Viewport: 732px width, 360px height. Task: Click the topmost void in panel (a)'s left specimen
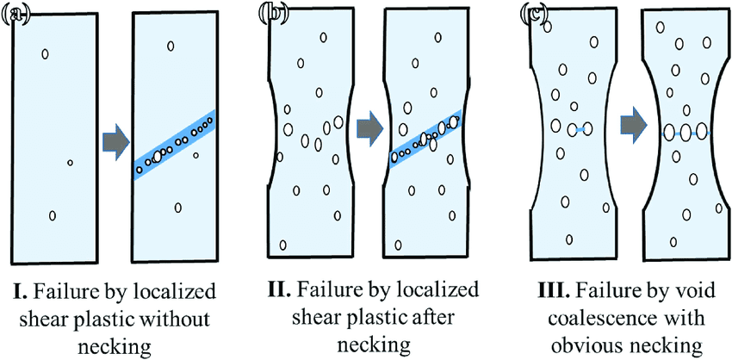(x=45, y=54)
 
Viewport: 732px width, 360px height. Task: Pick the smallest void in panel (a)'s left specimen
(x=71, y=162)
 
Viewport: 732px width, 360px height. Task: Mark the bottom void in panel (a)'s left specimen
(x=53, y=215)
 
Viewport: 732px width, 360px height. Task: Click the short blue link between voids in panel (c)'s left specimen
(x=581, y=129)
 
